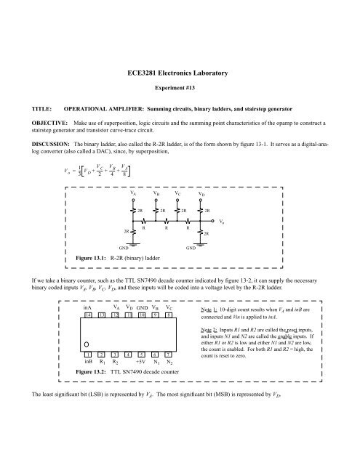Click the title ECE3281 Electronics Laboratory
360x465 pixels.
(x=178, y=73)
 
